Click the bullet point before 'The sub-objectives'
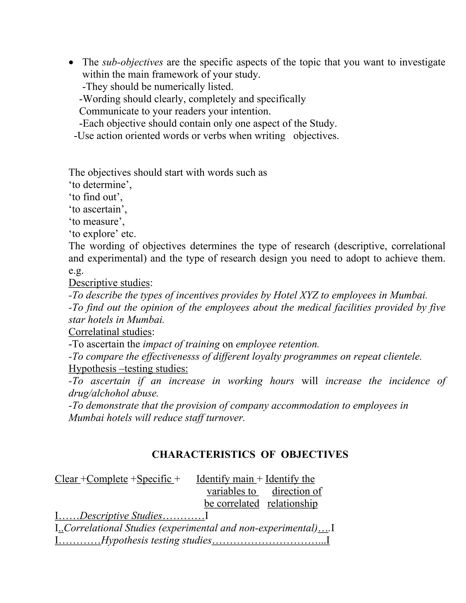pyautogui.click(x=71, y=63)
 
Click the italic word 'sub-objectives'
pyautogui.click(x=132, y=62)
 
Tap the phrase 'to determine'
pyautogui.click(x=100, y=185)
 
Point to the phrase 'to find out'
pyautogui.click(x=95, y=197)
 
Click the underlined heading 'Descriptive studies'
pyautogui.click(x=109, y=283)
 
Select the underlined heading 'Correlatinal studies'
pyautogui.click(x=110, y=332)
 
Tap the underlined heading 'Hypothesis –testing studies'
pyautogui.click(x=128, y=369)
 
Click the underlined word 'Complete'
pyautogui.click(x=107, y=479)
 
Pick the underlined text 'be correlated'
pyautogui.click(x=232, y=504)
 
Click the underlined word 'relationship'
pyautogui.click(x=292, y=504)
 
